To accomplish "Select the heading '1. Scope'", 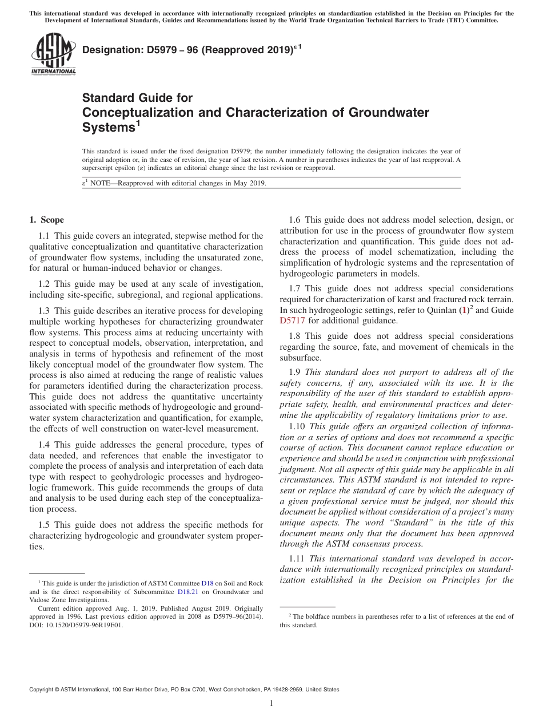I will pyautogui.click(x=46, y=220).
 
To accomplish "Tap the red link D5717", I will pyautogui.click(x=293, y=321).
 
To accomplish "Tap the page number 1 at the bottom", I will pyautogui.click(x=271, y=703).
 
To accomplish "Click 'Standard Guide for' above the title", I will pyautogui.click(x=137, y=98).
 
